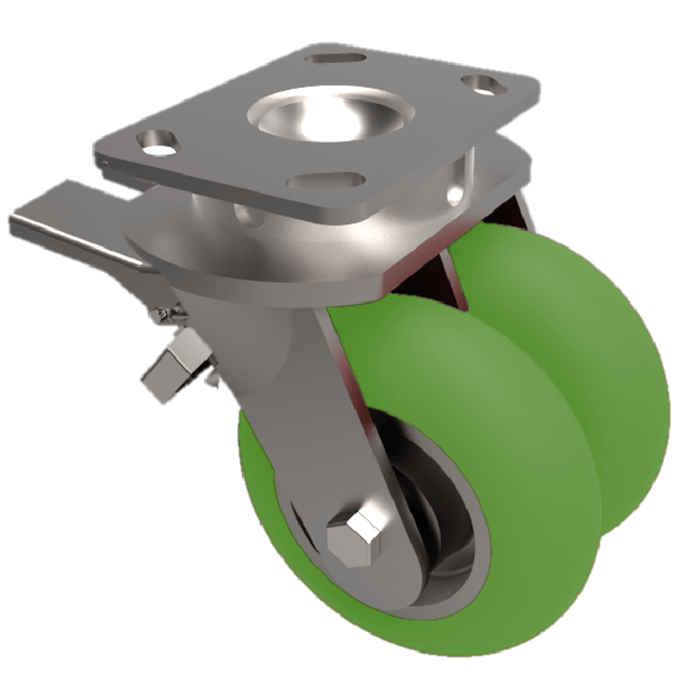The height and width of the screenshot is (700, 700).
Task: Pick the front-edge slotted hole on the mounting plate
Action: pyautogui.click(x=325, y=180)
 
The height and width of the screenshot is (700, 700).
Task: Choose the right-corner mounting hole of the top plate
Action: pyautogui.click(x=479, y=85)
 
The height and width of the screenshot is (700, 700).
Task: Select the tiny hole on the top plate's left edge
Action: pyautogui.click(x=104, y=161)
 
